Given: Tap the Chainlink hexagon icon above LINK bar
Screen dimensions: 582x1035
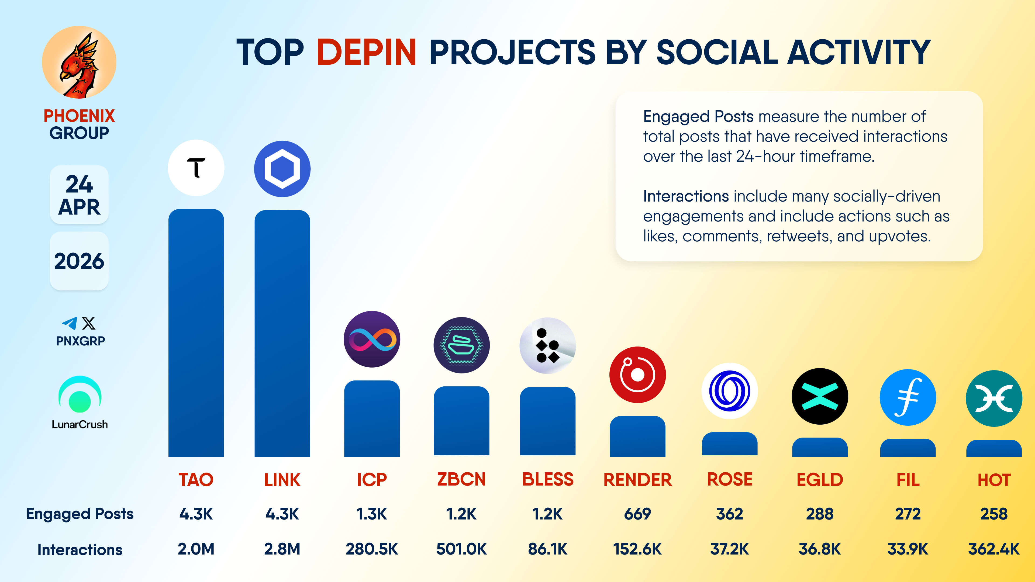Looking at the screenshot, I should coord(282,169).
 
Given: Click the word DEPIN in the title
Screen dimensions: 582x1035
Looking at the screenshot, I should coord(366,52).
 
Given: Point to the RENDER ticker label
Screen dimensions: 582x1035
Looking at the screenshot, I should coord(637,480).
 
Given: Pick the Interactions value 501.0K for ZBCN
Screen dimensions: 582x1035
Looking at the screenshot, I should coord(461,549).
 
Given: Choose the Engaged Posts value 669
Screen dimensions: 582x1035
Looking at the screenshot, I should coord(637,514).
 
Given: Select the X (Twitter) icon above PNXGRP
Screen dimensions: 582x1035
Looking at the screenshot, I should coord(89,323).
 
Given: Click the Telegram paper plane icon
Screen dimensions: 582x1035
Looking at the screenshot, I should coord(70,323).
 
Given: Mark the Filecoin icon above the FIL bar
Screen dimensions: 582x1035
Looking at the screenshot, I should coord(908,397).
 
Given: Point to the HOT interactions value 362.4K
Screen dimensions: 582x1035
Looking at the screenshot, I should coord(993,549).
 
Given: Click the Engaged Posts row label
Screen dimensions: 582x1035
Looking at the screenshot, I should coord(80,514).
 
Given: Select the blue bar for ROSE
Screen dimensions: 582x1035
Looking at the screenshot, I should coord(729,444).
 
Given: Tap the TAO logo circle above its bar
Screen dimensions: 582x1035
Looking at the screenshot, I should coord(196,168).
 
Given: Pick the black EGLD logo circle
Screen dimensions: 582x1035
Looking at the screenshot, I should coord(820,396).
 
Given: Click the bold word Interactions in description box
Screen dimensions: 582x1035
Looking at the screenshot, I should coord(685,196).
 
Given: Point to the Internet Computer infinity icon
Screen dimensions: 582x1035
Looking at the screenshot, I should coord(372,339).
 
